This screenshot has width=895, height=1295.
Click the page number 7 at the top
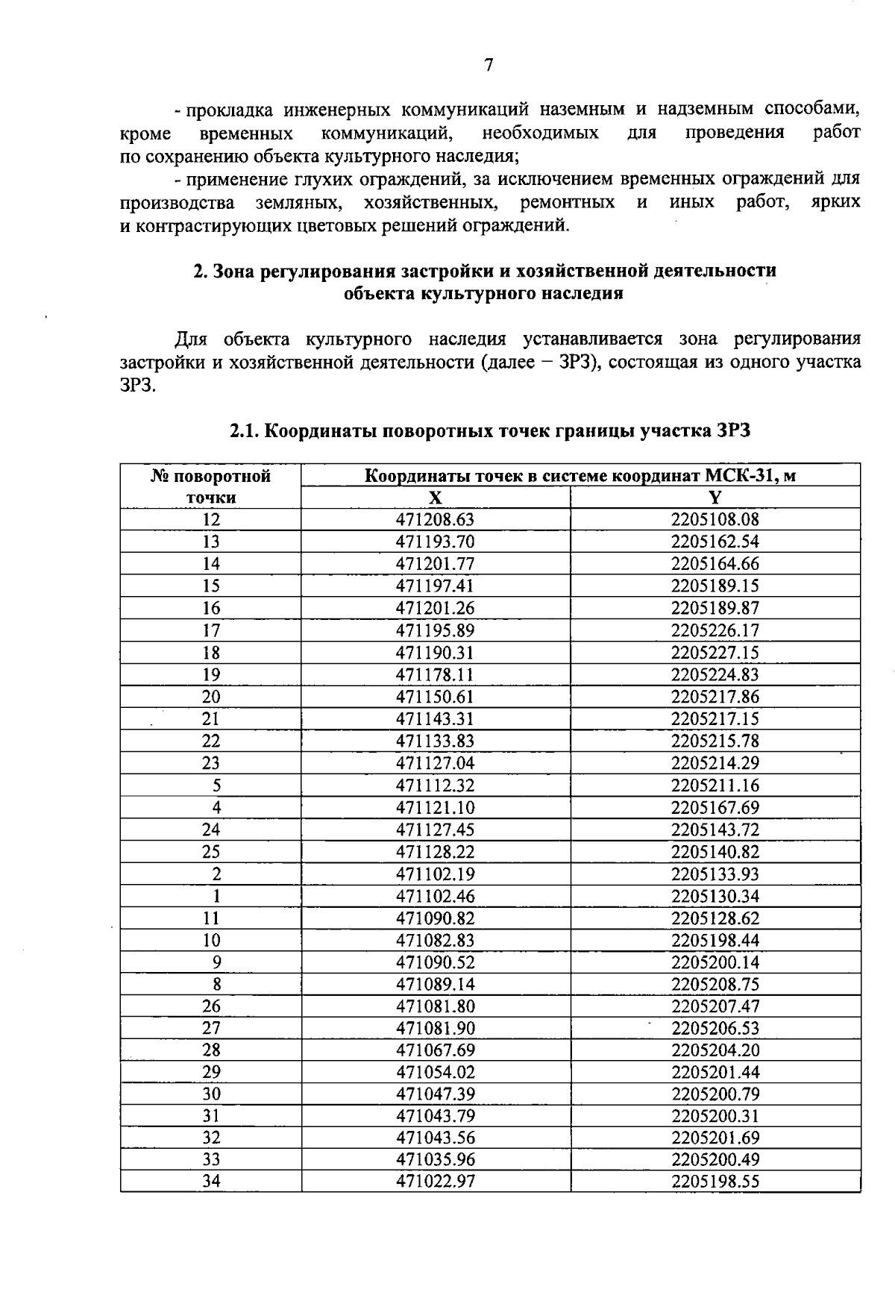(489, 66)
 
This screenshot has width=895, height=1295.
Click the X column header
(435, 498)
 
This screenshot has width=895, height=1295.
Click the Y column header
(715, 498)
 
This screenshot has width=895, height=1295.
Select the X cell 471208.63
(435, 520)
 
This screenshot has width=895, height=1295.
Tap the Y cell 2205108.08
(715, 520)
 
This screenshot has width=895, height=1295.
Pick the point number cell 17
(211, 630)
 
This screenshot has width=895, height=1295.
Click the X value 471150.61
(435, 697)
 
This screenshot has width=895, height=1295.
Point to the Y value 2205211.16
(715, 786)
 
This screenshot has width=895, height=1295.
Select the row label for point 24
(211, 830)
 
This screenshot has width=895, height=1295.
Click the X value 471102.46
(435, 896)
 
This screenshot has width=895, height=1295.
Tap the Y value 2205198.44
(715, 940)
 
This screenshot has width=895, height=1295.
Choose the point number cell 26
(211, 1006)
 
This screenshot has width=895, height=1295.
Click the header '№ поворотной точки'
(211, 486)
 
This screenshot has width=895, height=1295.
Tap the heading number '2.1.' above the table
(244, 431)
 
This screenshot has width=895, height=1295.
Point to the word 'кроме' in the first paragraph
(145, 134)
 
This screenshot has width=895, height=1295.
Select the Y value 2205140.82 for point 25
(715, 852)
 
